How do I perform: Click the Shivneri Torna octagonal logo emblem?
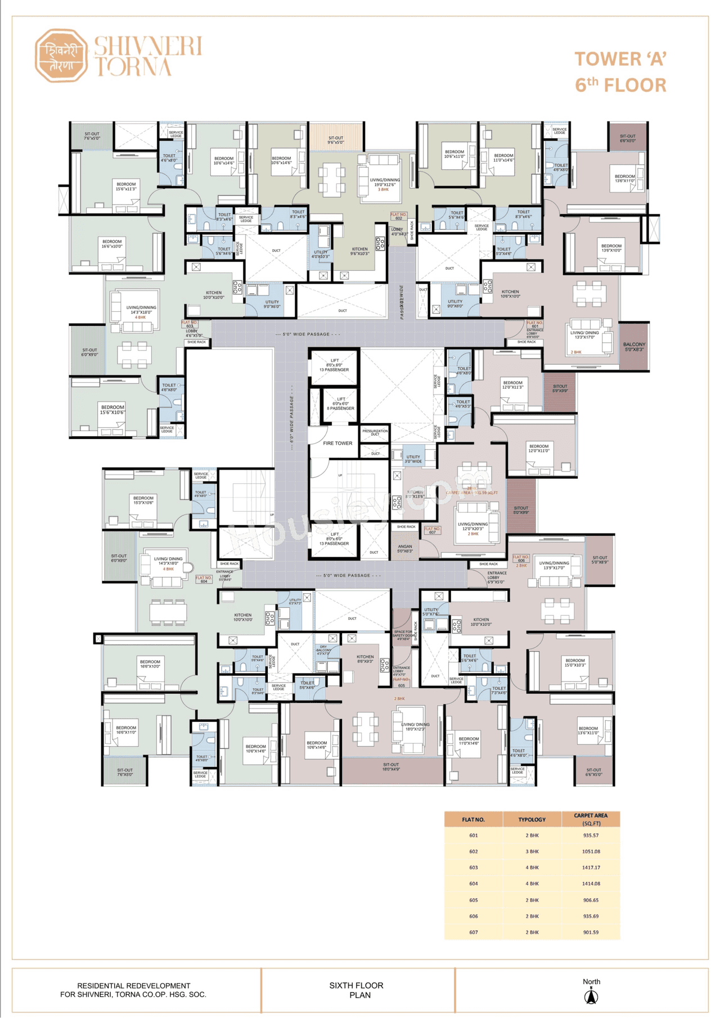(x=61, y=56)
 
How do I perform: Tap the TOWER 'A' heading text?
(x=620, y=59)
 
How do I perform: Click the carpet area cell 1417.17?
(x=591, y=867)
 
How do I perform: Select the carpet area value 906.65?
(x=591, y=900)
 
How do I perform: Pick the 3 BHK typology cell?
(x=532, y=851)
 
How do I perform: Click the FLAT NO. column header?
(x=473, y=819)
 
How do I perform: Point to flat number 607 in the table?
(x=473, y=932)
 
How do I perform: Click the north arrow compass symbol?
(x=591, y=997)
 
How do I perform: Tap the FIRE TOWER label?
(x=337, y=443)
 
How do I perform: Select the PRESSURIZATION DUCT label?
(x=375, y=432)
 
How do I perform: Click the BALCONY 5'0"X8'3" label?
(x=634, y=347)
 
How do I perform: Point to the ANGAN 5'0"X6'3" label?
(x=405, y=548)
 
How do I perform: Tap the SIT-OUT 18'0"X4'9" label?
(x=391, y=766)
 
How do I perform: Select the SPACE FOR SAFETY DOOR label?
(x=404, y=635)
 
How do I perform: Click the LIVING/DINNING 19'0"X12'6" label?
(x=385, y=182)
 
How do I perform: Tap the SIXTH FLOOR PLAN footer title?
(x=357, y=990)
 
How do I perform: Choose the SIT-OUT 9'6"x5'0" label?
(x=336, y=140)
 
